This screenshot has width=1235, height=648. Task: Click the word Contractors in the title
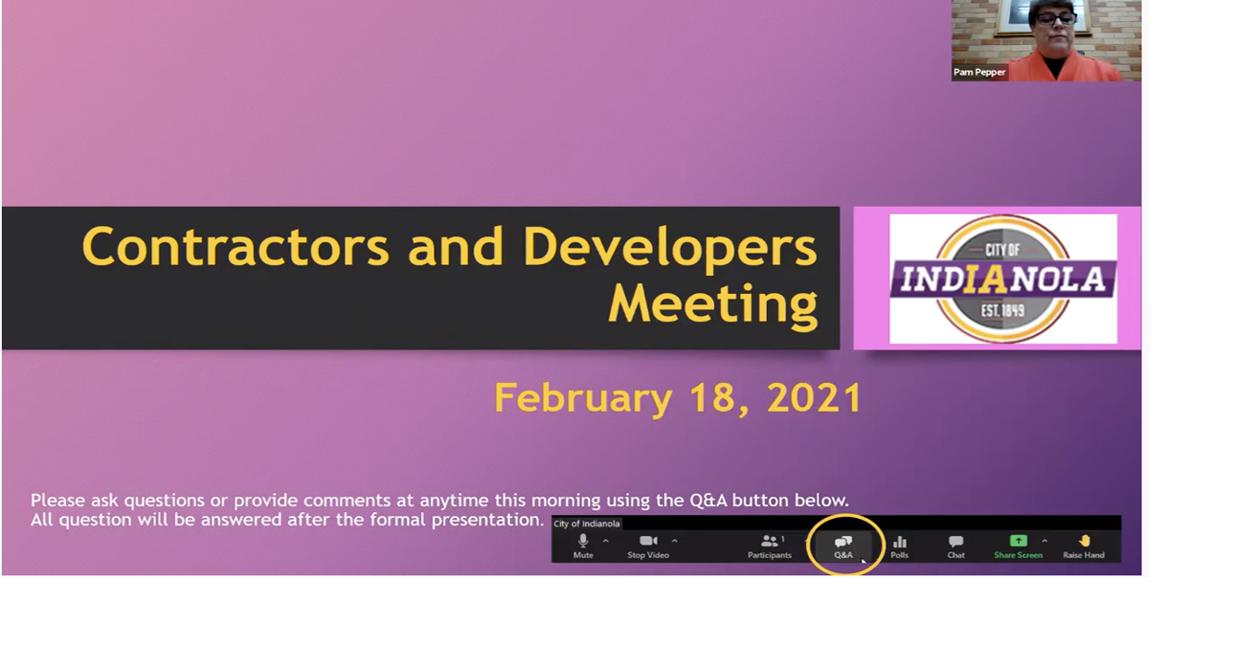[236, 246]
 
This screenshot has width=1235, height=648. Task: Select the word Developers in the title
[669, 246]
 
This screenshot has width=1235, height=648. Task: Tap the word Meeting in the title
[712, 303]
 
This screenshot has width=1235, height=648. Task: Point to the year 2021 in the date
[814, 398]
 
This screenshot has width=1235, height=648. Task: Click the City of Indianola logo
[1002, 279]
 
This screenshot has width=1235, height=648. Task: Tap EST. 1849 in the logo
[1002, 310]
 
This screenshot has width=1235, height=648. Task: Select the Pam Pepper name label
[979, 72]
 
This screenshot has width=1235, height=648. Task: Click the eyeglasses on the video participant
[1055, 18]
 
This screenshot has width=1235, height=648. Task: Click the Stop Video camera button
[648, 546]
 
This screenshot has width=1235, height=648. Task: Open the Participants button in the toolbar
[770, 546]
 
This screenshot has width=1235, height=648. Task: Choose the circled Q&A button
[843, 546]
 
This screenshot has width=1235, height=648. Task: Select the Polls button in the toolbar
[900, 546]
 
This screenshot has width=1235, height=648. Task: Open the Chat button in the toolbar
[955, 546]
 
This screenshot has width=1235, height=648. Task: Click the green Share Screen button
[1018, 546]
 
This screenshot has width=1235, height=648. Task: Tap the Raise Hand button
[1084, 546]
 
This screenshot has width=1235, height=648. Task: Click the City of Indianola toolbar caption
[587, 524]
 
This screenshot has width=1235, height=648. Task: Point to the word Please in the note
[57, 500]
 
